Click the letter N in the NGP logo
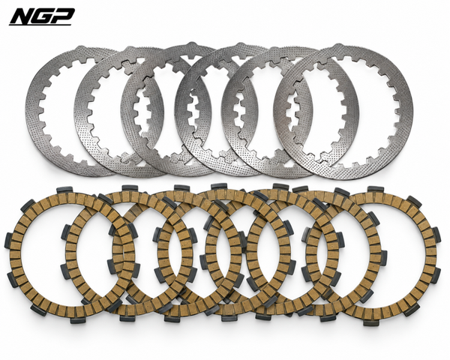coord(21,16)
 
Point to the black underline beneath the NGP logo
coord(40,25)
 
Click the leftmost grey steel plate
coord(34,112)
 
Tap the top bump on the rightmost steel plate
coord(339,46)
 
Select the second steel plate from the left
coord(83,121)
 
